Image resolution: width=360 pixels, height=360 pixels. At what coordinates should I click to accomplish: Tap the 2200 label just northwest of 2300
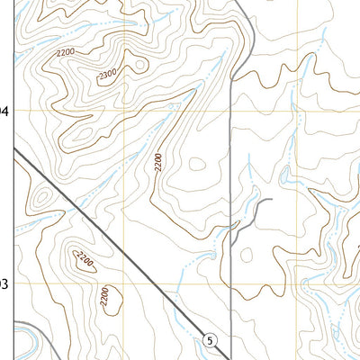[x=65, y=56]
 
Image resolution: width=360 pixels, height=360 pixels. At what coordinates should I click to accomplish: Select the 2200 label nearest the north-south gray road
[x=158, y=163]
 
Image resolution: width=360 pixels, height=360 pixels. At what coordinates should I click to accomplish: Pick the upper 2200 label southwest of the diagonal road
[x=85, y=261]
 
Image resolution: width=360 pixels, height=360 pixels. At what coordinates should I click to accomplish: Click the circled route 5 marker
[x=210, y=339]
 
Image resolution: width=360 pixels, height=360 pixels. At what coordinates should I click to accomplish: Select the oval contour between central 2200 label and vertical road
[x=197, y=165]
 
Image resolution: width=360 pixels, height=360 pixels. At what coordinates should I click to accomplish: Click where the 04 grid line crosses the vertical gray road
[x=231, y=111]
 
